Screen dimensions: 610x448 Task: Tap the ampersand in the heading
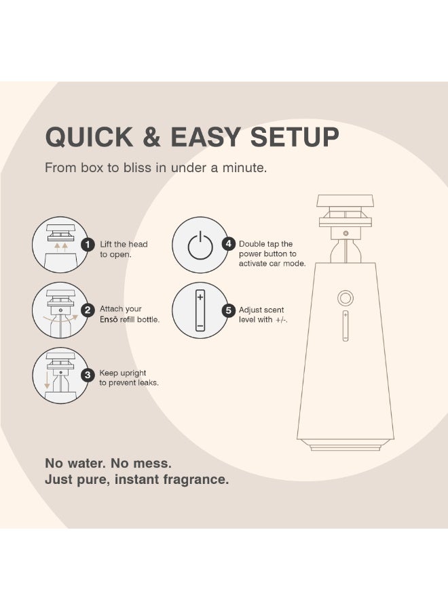click(154, 137)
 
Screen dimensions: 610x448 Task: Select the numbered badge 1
click(87, 245)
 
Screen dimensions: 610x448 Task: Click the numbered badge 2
click(87, 310)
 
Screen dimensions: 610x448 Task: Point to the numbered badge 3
click(87, 375)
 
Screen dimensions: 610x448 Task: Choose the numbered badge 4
click(229, 244)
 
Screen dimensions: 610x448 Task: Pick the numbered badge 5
click(229, 310)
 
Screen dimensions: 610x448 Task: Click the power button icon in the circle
click(200, 246)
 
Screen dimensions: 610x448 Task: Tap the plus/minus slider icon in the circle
click(200, 310)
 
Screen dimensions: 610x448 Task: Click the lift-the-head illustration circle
click(60, 245)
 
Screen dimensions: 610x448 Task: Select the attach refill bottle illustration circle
click(60, 310)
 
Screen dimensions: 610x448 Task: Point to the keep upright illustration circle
click(60, 375)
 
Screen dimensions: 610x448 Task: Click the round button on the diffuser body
click(346, 299)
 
